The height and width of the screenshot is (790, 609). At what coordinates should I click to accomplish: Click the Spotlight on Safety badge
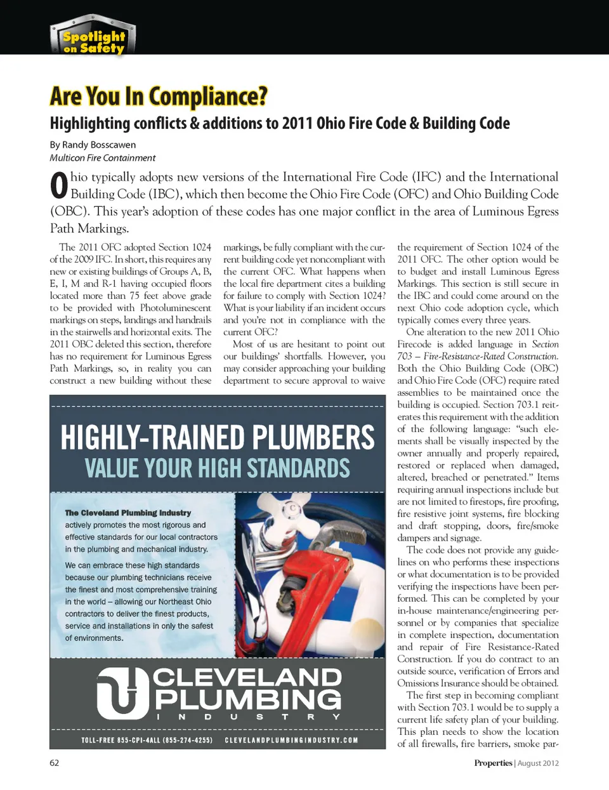[x=93, y=37]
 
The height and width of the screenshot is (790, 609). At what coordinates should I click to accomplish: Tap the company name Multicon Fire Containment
[x=102, y=158]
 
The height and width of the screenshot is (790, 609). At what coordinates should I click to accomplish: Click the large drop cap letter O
[x=58, y=185]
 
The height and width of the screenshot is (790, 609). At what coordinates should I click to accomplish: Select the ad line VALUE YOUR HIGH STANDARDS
[x=217, y=468]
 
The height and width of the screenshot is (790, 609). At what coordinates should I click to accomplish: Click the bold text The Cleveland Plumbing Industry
[x=128, y=513]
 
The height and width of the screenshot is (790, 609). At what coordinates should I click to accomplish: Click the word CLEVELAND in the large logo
[x=247, y=677]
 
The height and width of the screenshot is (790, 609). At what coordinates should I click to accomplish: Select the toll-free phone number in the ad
[x=147, y=740]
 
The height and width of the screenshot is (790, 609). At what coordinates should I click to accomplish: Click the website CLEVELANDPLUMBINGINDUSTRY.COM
[x=291, y=740]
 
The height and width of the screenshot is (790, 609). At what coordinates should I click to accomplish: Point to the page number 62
[x=55, y=763]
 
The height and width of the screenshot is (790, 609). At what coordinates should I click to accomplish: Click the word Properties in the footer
[x=493, y=763]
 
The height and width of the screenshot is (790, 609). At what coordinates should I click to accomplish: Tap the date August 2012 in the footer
[x=538, y=763]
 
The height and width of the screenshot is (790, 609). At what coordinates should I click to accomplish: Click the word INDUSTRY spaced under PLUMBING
[x=248, y=717]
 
